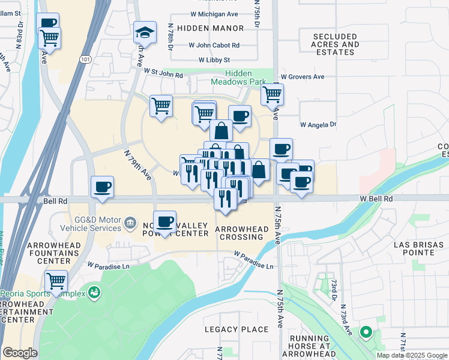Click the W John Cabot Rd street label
(214, 45)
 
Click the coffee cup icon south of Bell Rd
(164, 222)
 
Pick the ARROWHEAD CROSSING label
(239, 233)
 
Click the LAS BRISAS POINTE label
(418, 248)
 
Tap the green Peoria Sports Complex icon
(94, 293)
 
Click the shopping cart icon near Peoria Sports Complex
(56, 280)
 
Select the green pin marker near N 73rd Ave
(365, 332)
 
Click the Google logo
(20, 353)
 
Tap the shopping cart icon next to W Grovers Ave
(273, 94)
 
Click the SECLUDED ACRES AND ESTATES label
(335, 44)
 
